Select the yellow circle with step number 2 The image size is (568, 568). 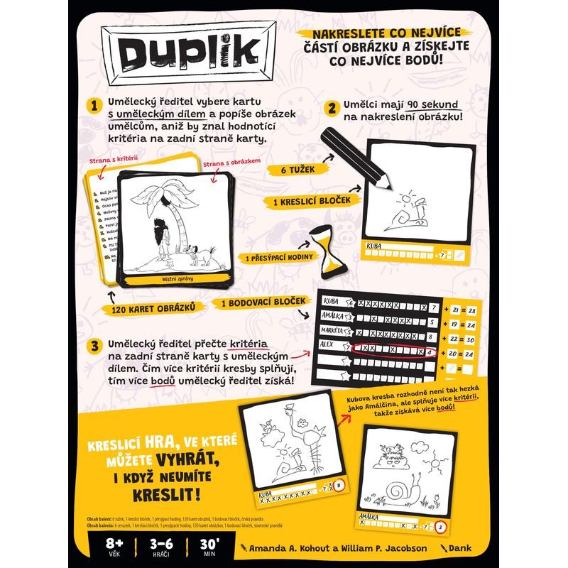click(x=330, y=109)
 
